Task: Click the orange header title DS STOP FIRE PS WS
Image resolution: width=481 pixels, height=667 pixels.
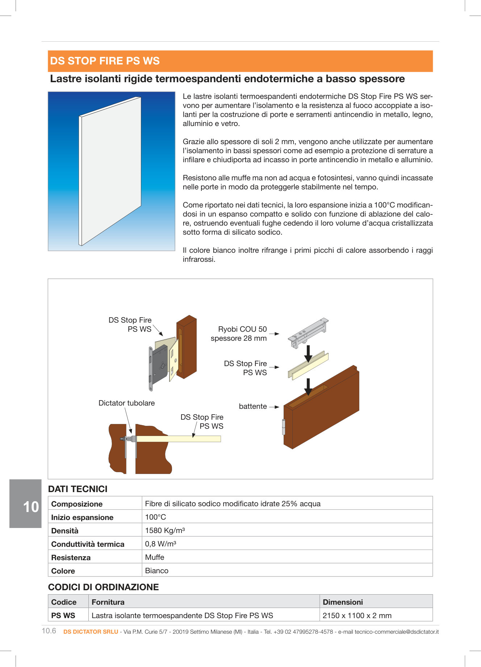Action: tap(105, 61)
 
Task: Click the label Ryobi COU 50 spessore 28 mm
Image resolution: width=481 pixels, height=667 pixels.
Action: tap(239, 333)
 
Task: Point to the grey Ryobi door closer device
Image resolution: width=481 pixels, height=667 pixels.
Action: tap(308, 332)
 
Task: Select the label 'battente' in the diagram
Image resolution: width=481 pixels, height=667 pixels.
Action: tap(252, 406)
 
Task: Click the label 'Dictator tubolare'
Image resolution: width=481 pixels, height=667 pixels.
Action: tap(126, 403)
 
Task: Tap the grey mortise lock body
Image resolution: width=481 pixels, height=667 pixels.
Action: tap(160, 366)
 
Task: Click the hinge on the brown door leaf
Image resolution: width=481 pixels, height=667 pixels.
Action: tap(284, 427)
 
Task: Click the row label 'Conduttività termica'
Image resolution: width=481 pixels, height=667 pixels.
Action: tap(88, 544)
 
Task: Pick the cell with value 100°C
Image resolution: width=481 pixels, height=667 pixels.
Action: tap(155, 517)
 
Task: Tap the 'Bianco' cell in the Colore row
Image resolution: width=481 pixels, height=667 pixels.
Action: tap(156, 571)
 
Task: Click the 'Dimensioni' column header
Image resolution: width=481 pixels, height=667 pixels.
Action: tap(343, 602)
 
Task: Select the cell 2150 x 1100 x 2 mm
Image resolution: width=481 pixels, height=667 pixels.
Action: tap(357, 615)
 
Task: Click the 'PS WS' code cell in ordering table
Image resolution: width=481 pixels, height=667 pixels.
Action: tap(63, 615)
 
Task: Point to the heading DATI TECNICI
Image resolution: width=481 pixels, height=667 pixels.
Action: tap(78, 489)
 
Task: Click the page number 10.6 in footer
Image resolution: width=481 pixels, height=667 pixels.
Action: tap(49, 631)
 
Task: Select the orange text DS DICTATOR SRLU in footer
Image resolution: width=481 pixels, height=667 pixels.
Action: tap(91, 632)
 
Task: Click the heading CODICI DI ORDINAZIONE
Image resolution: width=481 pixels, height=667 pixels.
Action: tap(103, 587)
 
